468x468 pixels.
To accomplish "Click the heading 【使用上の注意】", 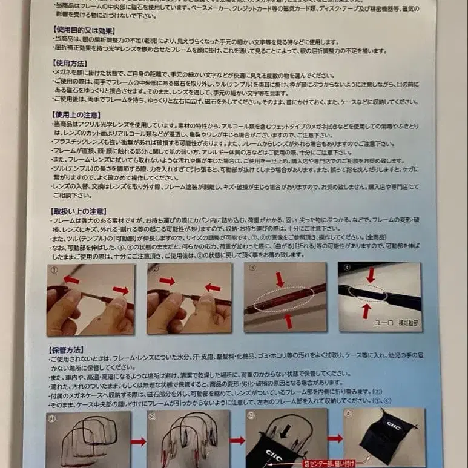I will tap(75, 114).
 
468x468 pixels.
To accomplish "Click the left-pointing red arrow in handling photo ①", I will tap(71, 280).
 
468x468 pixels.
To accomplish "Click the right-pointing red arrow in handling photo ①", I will tap(121, 290).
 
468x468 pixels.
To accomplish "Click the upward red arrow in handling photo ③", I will tap(288, 319).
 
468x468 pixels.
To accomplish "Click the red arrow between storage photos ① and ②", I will tap(139, 441).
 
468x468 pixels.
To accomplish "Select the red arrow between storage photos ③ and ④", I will tap(335, 438).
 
